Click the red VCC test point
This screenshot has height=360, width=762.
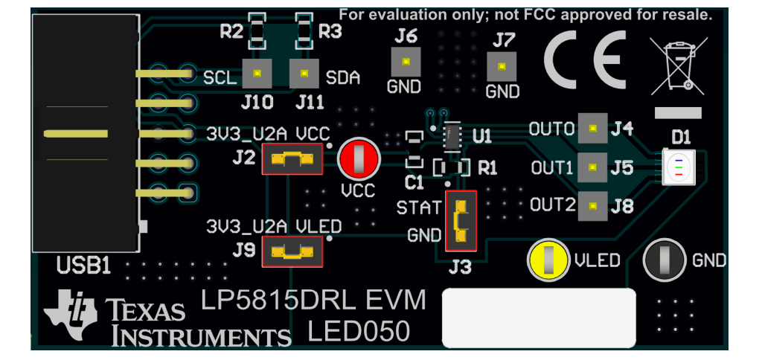[x=359, y=159]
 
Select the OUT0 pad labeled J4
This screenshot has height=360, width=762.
[x=592, y=129]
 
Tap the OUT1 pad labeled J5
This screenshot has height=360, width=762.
[x=592, y=167]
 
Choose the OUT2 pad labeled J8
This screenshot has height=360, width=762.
[x=592, y=205]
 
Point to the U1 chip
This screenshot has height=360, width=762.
[x=452, y=136]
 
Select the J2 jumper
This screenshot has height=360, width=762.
[x=292, y=158]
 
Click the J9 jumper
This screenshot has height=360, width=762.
[x=292, y=252]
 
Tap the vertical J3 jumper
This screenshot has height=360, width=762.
[x=460, y=220]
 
